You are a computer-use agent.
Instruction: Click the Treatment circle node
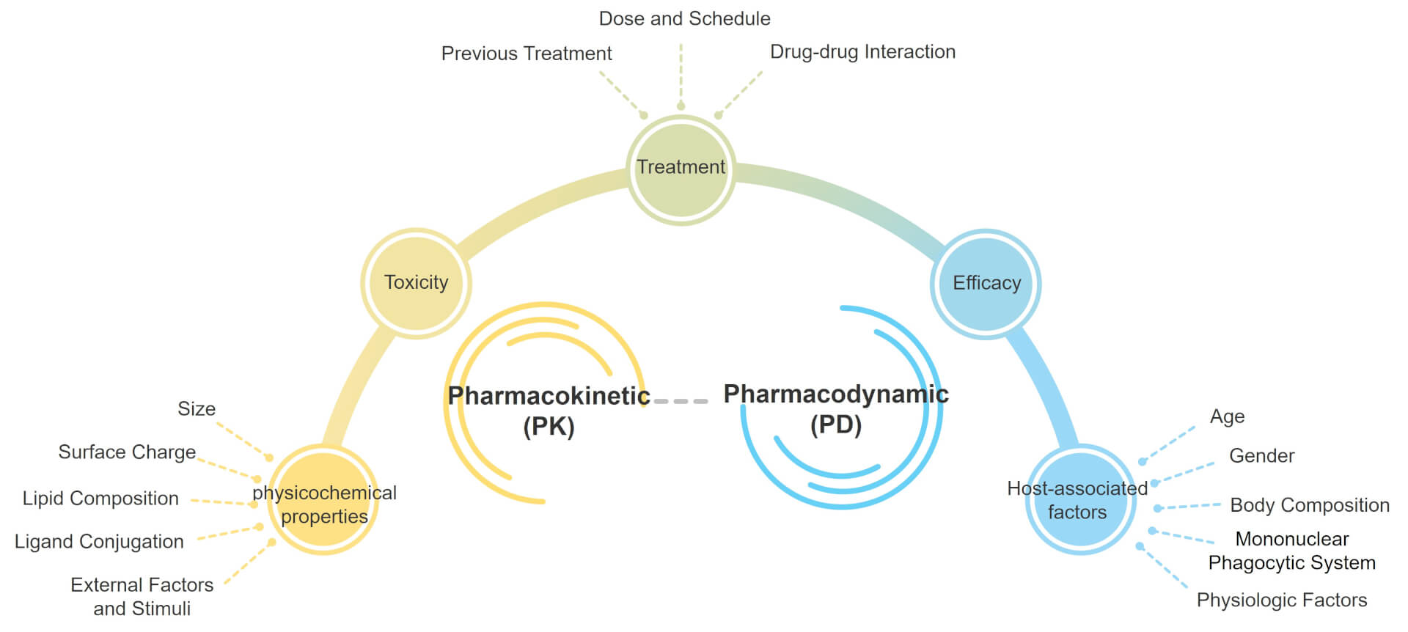681,170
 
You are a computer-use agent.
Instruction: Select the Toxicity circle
416,283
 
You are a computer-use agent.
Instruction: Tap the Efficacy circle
986,284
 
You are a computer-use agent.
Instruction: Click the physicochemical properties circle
324,500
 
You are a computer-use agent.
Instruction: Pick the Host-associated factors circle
1079,499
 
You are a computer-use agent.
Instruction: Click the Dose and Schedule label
684,19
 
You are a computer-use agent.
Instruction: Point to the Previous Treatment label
526,54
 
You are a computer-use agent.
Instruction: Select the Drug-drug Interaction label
862,52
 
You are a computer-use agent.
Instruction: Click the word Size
197,409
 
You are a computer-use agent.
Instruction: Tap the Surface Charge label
127,452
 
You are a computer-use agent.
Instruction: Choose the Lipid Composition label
100,499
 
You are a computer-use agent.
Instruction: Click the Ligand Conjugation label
99,542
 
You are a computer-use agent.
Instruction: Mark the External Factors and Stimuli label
142,596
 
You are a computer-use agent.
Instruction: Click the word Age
1227,416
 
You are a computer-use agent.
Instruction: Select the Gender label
1261,456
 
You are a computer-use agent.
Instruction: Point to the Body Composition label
1309,505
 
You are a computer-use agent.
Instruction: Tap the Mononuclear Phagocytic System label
1291,551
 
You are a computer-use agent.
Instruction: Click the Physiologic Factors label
1281,600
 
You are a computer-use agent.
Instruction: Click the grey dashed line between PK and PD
681,401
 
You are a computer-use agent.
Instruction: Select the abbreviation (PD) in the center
835,425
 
